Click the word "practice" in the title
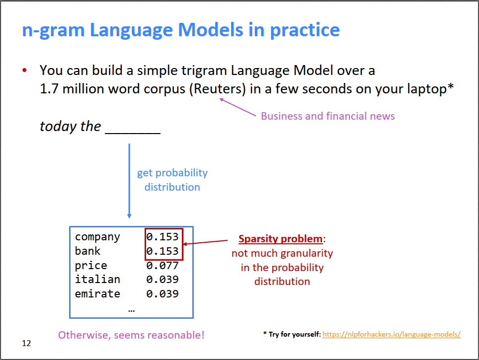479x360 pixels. click(x=305, y=30)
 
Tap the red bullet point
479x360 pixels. click(x=24, y=71)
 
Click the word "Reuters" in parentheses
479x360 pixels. click(x=218, y=89)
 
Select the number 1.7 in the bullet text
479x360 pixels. click(x=49, y=89)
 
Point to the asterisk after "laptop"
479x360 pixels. click(x=451, y=86)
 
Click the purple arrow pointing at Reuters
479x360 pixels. click(x=238, y=107)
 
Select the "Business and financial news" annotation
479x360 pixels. click(x=328, y=116)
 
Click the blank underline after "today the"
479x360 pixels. click(x=133, y=133)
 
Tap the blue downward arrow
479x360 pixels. click(x=129, y=181)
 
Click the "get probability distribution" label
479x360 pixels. click(x=172, y=180)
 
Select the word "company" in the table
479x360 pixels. click(x=97, y=237)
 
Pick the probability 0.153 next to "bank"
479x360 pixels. click(x=162, y=251)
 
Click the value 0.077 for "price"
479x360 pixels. click(x=162, y=265)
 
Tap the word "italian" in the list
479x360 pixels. click(x=97, y=280)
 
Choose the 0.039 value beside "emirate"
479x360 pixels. click(x=162, y=294)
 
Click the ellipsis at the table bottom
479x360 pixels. click(x=131, y=311)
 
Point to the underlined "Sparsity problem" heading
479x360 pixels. click(x=280, y=239)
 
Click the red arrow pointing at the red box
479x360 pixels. click(x=205, y=242)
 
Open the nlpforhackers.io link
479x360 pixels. click(x=392, y=334)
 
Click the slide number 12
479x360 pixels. click(x=26, y=343)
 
